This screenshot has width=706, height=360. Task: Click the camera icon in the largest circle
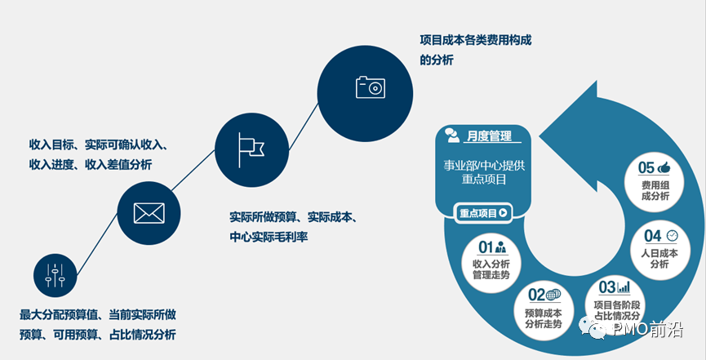pyautogui.click(x=370, y=87)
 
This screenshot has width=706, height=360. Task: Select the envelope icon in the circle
pyautogui.click(x=149, y=213)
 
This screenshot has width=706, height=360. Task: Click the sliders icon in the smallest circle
pyautogui.click(x=55, y=274)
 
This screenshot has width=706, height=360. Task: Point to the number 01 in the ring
pyautogui.click(x=486, y=246)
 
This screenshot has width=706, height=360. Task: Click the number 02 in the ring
pyautogui.click(x=535, y=295)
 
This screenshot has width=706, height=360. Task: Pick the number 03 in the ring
pyautogui.click(x=606, y=287)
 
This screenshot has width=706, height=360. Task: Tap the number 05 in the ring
pyautogui.click(x=646, y=167)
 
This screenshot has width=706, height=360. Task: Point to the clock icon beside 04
pyautogui.click(x=672, y=235)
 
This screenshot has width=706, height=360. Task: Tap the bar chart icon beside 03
pyautogui.click(x=624, y=287)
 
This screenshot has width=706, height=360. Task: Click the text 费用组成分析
pyautogui.click(x=655, y=190)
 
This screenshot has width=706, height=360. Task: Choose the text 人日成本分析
pyautogui.click(x=660, y=254)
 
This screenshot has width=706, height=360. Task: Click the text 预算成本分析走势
pyautogui.click(x=543, y=318)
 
